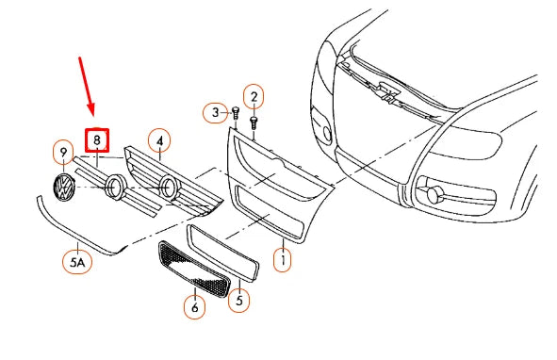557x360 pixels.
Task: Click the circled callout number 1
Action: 281,256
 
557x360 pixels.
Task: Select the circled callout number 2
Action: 253,95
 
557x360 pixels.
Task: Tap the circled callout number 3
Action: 215,112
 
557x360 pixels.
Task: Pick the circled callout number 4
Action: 159,141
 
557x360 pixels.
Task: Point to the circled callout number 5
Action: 240,302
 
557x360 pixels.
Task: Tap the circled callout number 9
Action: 63,152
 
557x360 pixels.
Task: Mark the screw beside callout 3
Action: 233,114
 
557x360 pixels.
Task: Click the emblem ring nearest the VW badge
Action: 115,187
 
